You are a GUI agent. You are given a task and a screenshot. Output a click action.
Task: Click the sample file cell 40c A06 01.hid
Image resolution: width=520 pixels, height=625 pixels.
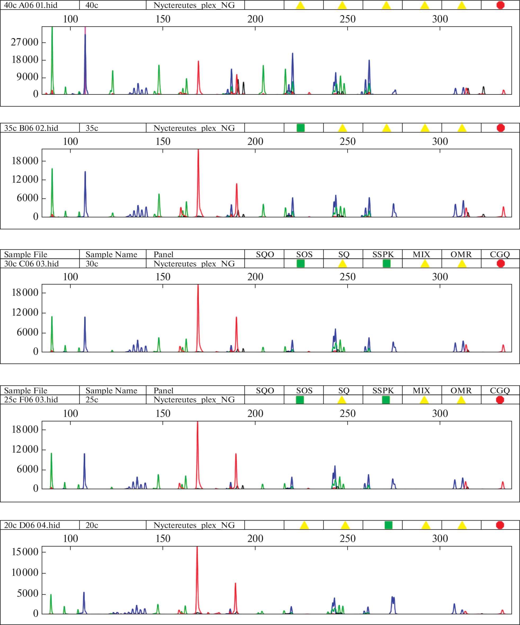click(x=31, y=5)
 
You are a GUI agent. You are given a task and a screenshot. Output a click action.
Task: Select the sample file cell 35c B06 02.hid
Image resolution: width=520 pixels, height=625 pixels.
click(x=31, y=128)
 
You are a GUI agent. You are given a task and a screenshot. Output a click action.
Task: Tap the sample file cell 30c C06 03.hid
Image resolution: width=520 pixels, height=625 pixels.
click(x=31, y=264)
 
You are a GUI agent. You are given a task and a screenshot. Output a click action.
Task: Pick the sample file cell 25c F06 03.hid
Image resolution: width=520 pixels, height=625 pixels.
click(x=31, y=400)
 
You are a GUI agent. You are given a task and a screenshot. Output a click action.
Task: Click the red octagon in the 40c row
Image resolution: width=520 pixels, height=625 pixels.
click(x=500, y=5)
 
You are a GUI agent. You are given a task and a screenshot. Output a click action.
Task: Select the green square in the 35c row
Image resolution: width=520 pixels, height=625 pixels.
click(x=301, y=128)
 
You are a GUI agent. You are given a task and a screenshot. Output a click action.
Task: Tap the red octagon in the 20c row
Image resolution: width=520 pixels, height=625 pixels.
click(x=500, y=525)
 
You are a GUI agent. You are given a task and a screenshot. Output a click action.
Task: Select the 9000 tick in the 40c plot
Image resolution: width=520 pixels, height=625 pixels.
click(x=28, y=77)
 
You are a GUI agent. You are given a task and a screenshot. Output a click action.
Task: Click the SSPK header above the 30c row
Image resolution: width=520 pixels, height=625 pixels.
click(x=383, y=254)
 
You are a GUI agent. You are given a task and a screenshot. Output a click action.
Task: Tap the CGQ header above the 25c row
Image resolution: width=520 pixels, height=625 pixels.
click(x=500, y=390)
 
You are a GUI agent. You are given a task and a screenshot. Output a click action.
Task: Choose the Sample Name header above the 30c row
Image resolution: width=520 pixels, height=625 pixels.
click(x=111, y=254)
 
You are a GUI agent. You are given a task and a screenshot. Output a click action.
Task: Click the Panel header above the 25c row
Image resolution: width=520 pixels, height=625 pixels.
click(x=163, y=390)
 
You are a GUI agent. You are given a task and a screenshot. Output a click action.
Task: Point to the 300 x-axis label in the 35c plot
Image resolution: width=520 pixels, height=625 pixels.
click(x=440, y=141)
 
